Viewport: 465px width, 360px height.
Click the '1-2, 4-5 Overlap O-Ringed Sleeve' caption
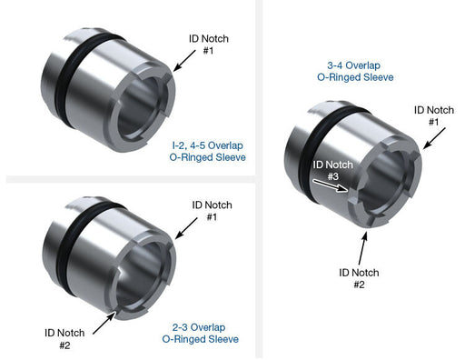(x=208, y=151)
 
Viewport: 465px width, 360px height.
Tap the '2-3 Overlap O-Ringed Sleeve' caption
(x=200, y=333)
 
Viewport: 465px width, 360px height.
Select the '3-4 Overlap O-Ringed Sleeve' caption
(x=355, y=71)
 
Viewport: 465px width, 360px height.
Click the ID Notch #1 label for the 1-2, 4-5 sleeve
(x=209, y=45)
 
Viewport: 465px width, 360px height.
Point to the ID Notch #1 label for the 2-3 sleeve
(x=212, y=211)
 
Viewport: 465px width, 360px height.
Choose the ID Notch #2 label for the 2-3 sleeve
(x=64, y=339)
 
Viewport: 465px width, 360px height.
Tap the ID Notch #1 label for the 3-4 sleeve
(x=434, y=115)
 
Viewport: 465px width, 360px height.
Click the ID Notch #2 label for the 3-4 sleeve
(x=359, y=278)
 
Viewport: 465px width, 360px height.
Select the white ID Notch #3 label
(x=333, y=170)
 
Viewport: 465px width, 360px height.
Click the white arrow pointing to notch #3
(x=331, y=185)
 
